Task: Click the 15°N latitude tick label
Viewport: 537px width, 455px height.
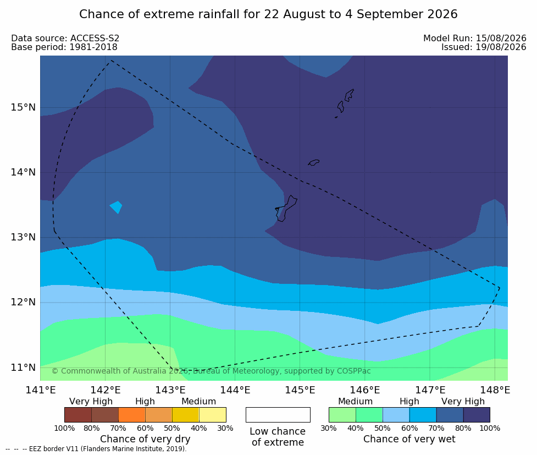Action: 23,107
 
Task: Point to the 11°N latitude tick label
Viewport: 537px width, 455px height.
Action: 23,368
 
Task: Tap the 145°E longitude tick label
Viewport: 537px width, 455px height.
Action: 300,390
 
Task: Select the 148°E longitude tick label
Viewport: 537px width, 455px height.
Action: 495,390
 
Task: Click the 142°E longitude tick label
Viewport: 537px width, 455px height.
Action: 105,390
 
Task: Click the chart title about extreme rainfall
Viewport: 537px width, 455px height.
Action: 268,14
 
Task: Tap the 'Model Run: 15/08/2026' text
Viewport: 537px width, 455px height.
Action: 475,38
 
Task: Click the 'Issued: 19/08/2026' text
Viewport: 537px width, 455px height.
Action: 484,47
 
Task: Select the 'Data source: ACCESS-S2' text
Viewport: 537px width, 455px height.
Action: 65,38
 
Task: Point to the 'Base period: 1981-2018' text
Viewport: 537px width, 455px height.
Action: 64,47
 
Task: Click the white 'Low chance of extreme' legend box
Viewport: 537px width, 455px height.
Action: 278,415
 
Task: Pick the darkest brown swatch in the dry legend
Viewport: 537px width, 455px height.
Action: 78,415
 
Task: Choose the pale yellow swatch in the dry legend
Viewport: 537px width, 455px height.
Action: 212,415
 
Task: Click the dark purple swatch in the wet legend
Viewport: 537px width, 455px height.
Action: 477,415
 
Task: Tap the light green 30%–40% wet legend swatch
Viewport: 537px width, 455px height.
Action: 342,415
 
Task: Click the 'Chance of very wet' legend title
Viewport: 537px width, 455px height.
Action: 409,439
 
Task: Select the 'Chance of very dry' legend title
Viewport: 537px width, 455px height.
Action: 145,439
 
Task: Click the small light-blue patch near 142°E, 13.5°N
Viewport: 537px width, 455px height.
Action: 116,207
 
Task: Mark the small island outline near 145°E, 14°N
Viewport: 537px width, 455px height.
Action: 314,162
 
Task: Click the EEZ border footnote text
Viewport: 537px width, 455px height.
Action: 96,449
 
